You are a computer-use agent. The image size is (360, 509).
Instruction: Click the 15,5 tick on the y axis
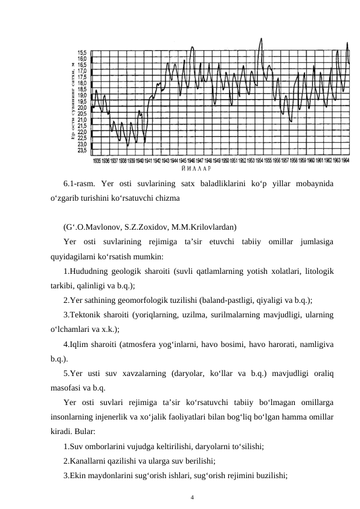[x=81, y=53]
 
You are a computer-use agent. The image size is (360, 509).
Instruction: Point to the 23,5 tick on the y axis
[x=81, y=151]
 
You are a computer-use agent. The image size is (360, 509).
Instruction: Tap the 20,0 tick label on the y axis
[x=81, y=108]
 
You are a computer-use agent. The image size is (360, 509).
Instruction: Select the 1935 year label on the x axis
[x=96, y=161]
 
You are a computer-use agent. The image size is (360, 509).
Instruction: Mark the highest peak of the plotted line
[x=261, y=39]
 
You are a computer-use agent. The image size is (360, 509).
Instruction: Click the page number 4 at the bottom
[x=192, y=498]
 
